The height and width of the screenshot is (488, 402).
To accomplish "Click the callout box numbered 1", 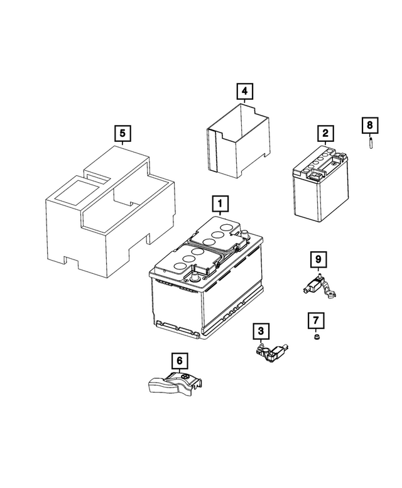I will pyautogui.click(x=220, y=203).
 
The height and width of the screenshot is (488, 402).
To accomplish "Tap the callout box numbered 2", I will pyautogui.click(x=325, y=133).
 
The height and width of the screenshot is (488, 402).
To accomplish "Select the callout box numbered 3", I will pyautogui.click(x=261, y=330).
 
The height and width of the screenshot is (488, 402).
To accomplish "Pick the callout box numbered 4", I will pyautogui.click(x=245, y=92).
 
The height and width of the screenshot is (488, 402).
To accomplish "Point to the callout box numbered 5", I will pyautogui.click(x=122, y=133).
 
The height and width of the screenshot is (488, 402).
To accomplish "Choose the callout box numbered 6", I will pyautogui.click(x=180, y=361).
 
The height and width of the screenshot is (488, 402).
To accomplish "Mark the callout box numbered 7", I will pyautogui.click(x=316, y=322).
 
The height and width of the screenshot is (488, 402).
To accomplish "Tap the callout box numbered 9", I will pyautogui.click(x=318, y=259).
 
